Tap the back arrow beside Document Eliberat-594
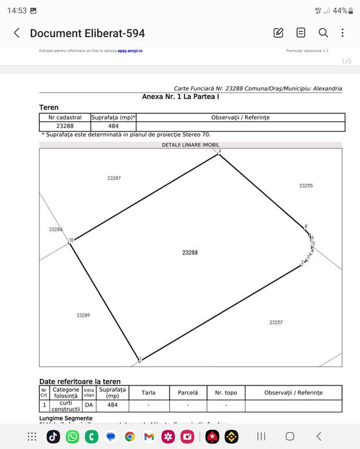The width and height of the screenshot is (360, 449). [x=17, y=33]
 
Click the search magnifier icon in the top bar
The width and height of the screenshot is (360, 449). [x=323, y=33]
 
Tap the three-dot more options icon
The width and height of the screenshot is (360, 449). [x=344, y=33]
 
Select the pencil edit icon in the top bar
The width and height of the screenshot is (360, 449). [x=278, y=33]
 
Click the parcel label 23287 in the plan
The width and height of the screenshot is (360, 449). [x=114, y=177]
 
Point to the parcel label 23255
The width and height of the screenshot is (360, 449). [x=306, y=186]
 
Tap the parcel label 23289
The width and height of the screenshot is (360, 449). [x=83, y=315]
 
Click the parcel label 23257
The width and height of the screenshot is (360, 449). [x=276, y=322]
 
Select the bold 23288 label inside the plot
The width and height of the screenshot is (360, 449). [x=190, y=252]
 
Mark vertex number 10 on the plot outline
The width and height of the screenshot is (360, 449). [x=71, y=240]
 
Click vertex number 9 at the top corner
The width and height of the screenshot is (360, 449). [x=219, y=152]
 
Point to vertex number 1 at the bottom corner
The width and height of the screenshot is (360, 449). [x=139, y=359]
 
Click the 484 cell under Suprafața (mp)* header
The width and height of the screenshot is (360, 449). [x=113, y=127]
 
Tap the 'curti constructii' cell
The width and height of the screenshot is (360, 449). [x=66, y=405]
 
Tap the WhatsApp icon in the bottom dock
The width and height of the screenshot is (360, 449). [x=73, y=436]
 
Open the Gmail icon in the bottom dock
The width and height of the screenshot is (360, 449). [x=149, y=436]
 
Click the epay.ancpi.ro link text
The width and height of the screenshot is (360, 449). [x=130, y=50]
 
